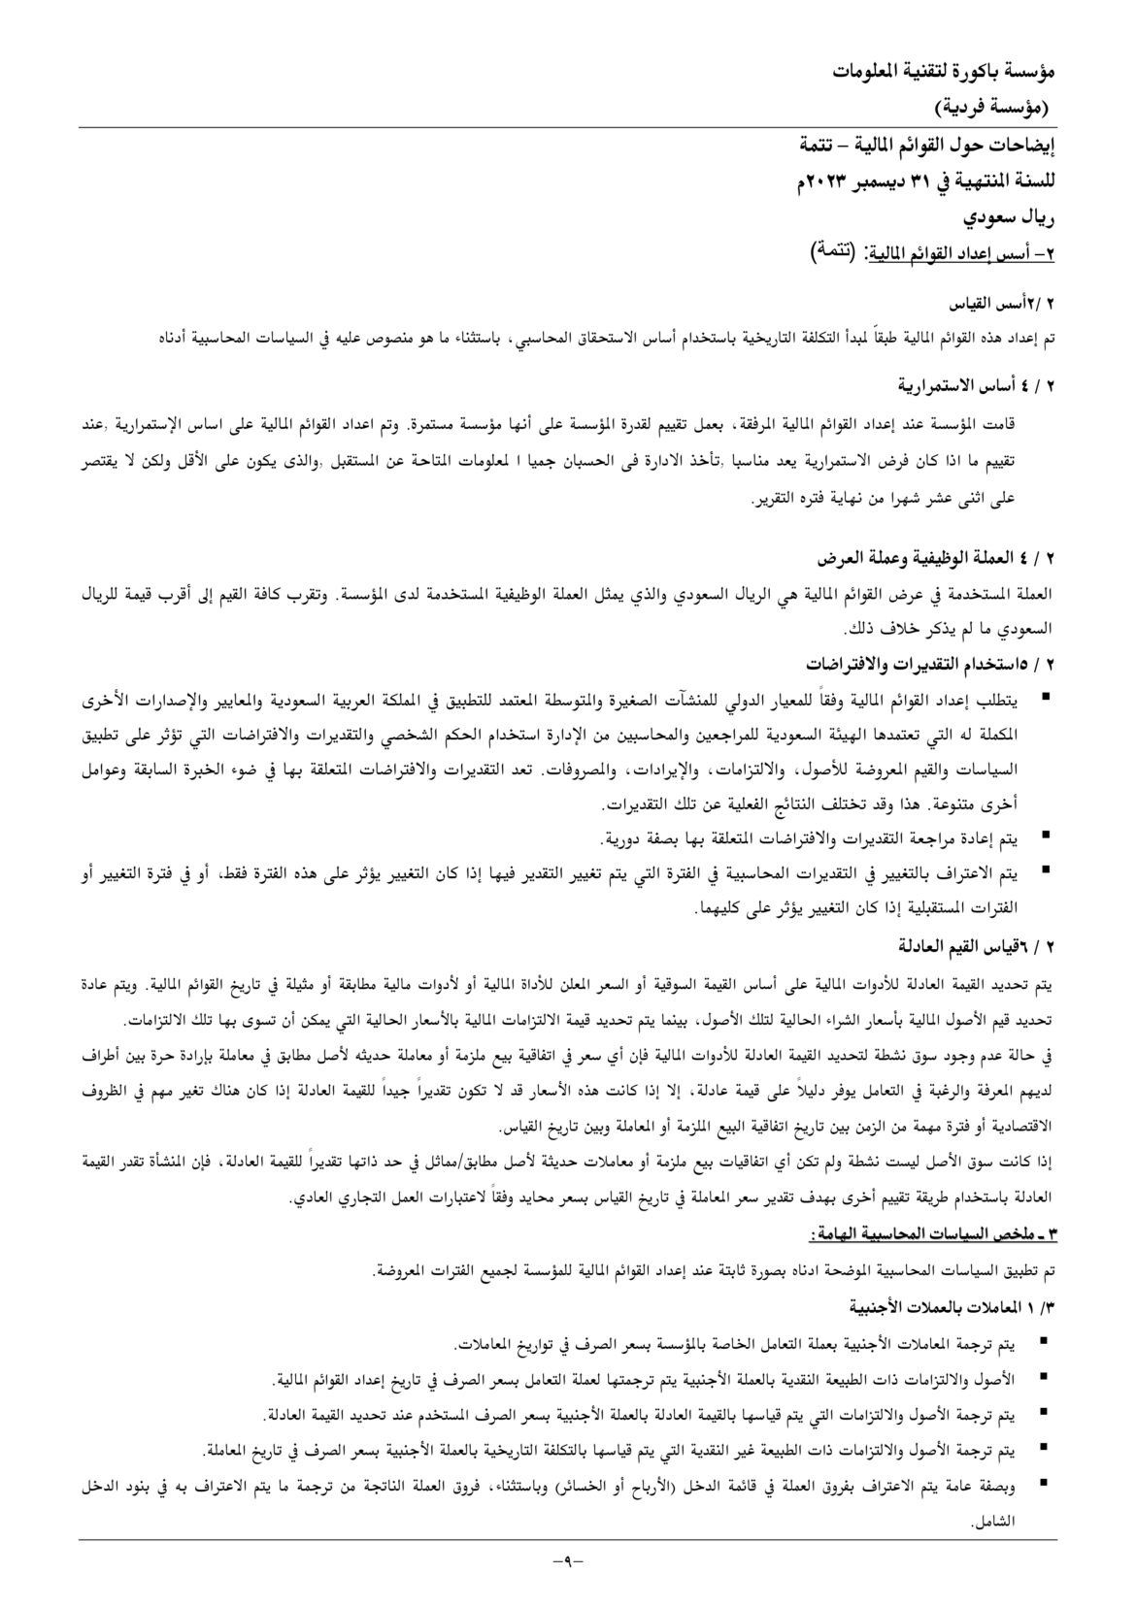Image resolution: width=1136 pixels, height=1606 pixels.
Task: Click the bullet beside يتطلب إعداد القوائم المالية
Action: click(x=1044, y=697)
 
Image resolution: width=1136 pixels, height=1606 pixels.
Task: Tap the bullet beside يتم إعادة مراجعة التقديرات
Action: click(x=1044, y=835)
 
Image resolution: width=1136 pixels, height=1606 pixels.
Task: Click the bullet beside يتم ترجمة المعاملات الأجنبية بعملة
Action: click(x=1044, y=1342)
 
